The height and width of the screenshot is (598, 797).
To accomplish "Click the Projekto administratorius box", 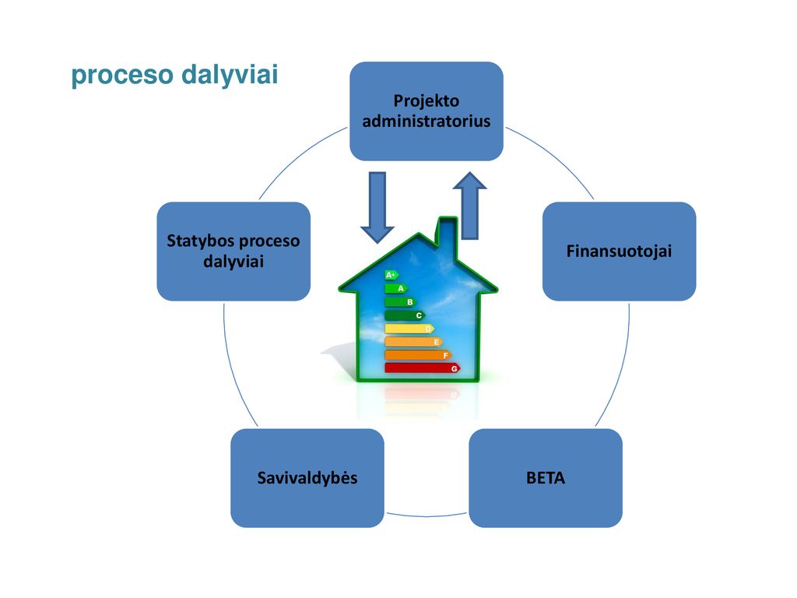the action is coord(427,111).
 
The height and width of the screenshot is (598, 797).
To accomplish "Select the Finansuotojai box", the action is coord(619,252).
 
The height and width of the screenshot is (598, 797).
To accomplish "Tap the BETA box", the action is coord(546,478).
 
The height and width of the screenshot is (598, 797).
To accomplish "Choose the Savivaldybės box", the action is coord(307,478).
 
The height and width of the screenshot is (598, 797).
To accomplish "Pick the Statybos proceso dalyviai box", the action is coord(233,252).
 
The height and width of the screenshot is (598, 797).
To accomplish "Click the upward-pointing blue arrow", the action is coord(469,206).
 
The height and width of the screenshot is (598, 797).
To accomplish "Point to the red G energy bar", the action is coord(423,368).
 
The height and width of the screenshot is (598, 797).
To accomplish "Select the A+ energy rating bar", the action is coord(391,275).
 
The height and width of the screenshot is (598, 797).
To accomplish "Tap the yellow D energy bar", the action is coord(409,329).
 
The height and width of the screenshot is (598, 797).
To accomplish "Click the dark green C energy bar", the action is coord(405,315).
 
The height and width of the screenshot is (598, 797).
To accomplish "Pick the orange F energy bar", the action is coord(418,355).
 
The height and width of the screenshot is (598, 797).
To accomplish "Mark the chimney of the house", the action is coord(448,234).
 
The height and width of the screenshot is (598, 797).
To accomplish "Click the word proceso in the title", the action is coord(122,75).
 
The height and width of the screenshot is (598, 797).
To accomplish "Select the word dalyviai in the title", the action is coord(230,75).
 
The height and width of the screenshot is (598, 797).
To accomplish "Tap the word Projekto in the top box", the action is coord(427,100).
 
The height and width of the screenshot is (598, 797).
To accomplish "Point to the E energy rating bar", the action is coord(414,342).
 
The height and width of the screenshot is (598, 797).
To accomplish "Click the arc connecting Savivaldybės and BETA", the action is coord(427,515).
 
